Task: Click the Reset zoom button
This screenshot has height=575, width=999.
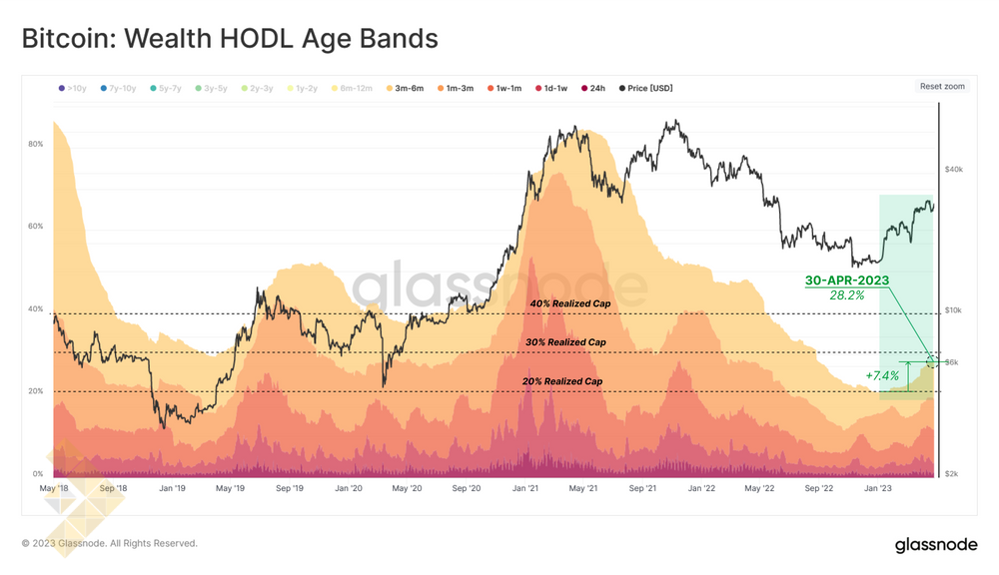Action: pyautogui.click(x=942, y=87)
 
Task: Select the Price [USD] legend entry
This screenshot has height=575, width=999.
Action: pyautogui.click(x=646, y=89)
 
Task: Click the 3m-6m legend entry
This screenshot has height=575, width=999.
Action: pyautogui.click(x=405, y=89)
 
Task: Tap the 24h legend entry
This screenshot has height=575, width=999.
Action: pyautogui.click(x=592, y=89)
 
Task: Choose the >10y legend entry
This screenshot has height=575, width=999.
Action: pyautogui.click(x=73, y=89)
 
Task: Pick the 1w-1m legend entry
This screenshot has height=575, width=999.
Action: pyautogui.click(x=503, y=89)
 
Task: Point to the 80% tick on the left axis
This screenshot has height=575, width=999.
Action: pyautogui.click(x=35, y=144)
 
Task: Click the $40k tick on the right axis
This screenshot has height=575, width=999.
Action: pyautogui.click(x=954, y=170)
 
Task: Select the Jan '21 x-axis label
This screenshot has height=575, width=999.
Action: pyautogui.click(x=525, y=489)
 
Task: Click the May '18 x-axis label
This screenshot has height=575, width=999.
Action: pyautogui.click(x=54, y=489)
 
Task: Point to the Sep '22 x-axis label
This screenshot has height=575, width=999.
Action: pyautogui.click(x=819, y=489)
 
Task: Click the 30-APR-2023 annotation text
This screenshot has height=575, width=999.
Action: pyautogui.click(x=847, y=281)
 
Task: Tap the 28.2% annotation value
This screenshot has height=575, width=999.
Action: pyautogui.click(x=847, y=295)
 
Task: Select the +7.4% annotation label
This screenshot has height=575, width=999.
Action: pyautogui.click(x=882, y=376)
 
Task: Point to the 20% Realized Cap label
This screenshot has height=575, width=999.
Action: pyautogui.click(x=562, y=381)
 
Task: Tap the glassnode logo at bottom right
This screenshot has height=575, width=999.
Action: pyautogui.click(x=936, y=544)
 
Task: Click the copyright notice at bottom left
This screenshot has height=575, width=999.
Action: pyautogui.click(x=110, y=544)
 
